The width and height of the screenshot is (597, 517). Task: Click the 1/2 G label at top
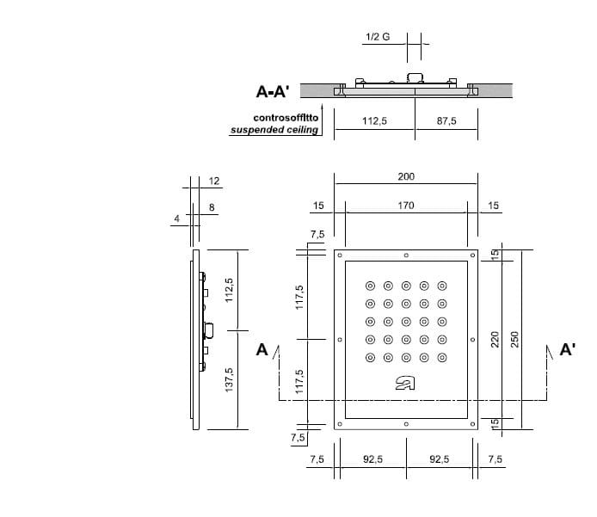378,37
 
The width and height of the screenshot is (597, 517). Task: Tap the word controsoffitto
285,117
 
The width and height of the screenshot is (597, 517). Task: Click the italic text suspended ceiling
274,131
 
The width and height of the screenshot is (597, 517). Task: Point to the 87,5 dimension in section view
446,121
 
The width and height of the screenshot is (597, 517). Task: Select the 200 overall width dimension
406,176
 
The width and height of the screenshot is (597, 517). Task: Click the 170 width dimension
406,206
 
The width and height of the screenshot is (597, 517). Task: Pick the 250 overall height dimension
516,340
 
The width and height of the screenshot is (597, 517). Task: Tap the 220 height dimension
495,340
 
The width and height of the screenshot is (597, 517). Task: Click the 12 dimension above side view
215,181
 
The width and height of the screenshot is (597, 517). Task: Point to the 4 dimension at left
176,219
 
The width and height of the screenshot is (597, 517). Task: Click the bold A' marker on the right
568,349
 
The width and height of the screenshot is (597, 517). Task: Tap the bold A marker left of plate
262,349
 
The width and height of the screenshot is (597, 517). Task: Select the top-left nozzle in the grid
370,286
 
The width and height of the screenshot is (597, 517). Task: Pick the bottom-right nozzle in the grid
442,358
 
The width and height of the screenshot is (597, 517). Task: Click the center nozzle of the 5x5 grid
406,322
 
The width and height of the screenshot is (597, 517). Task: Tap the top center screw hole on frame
406,255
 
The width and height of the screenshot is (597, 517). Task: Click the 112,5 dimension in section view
374,121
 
